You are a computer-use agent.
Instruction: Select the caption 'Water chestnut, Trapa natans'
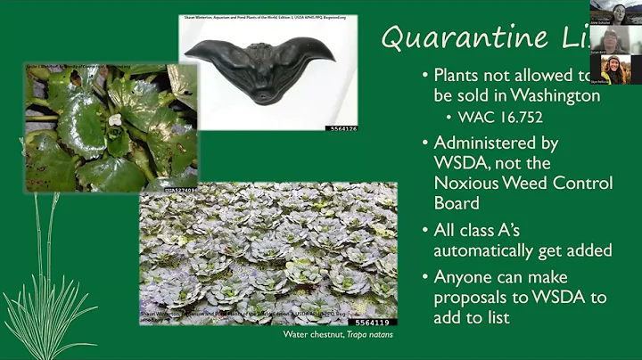coord(340,335)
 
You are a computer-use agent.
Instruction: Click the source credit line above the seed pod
coord(267,16)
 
